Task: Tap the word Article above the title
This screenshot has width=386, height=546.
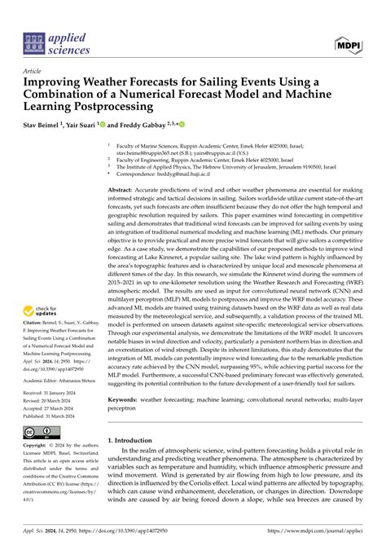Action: tap(33, 72)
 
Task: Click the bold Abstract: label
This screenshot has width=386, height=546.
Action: tap(125, 188)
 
